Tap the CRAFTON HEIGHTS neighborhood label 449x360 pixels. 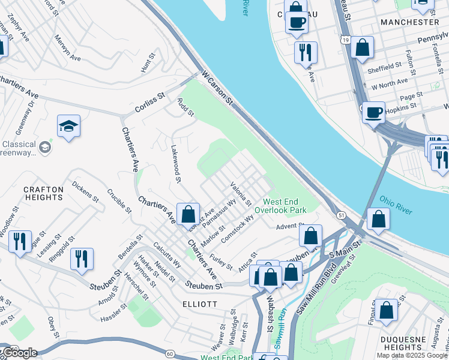coord(43,194)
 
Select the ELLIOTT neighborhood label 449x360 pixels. coord(200,304)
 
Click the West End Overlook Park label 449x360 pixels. coord(285,206)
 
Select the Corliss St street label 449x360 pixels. coord(153,99)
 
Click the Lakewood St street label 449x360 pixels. coord(176,162)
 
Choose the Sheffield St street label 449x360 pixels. coord(385,66)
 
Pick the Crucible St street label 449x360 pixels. coord(119,201)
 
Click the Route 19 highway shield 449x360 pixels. coord(344,40)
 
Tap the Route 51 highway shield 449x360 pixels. coord(341,214)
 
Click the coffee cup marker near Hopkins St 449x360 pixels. coord(373,112)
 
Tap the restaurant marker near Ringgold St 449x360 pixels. coord(82,258)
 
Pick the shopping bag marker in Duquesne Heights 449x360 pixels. coord(387,310)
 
